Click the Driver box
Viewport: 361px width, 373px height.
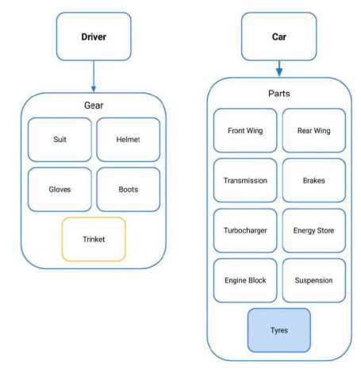94,37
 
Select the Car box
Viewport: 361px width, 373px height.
279,37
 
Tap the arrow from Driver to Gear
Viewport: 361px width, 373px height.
94,76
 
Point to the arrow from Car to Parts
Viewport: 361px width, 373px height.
279,69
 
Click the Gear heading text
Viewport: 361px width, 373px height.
94,106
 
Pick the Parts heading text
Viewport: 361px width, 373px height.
279,94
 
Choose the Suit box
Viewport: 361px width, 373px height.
60,140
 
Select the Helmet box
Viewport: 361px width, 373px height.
129,140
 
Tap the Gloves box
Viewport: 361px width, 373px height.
60,190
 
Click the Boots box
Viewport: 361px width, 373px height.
129,190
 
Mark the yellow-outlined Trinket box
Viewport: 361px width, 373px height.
94,239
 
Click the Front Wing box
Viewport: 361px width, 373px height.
245,130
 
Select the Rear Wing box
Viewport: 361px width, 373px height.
314,130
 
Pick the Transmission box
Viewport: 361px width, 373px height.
245,180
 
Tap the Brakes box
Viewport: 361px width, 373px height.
314,180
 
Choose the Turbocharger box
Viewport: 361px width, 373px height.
245,230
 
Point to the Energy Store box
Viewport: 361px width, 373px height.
314,230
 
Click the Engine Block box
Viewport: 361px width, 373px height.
245,280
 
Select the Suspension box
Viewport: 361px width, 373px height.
314,280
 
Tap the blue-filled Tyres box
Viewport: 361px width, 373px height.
279,330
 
